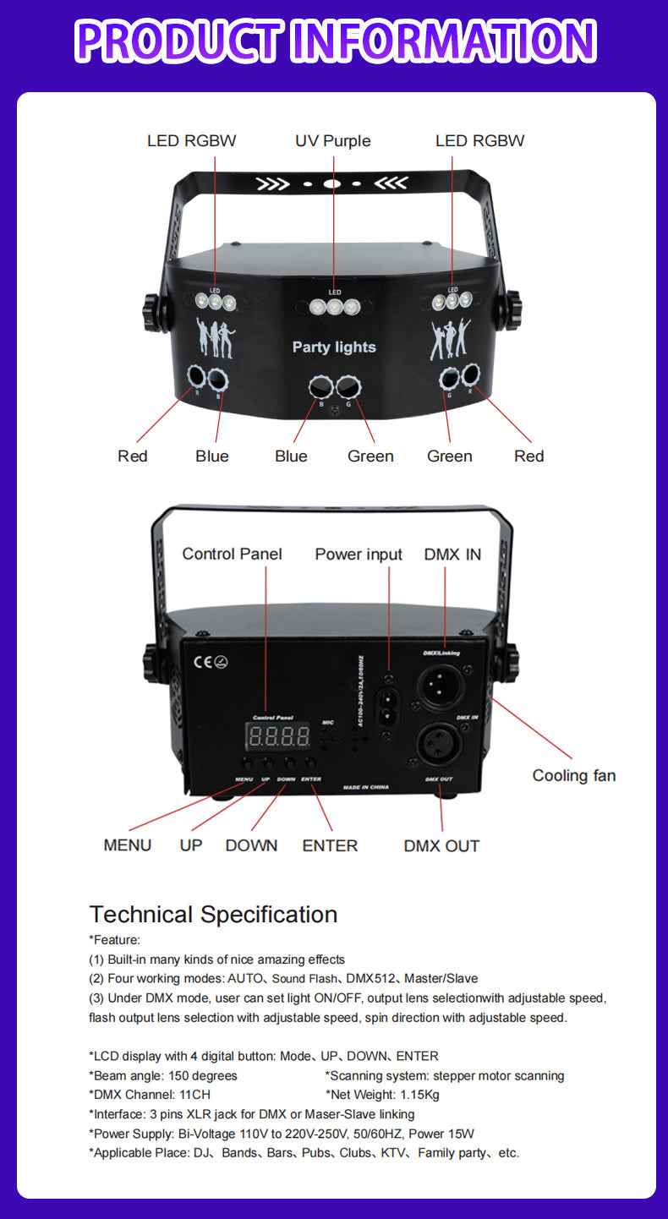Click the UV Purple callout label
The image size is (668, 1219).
332,140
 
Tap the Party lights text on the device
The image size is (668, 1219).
334,347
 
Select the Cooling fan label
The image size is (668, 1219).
573,775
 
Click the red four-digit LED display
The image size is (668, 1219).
277,735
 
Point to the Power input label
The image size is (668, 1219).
359,555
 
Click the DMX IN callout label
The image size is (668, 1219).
452,555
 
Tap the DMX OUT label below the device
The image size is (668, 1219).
441,845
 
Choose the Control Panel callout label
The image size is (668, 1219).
232,555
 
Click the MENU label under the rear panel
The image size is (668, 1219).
128,845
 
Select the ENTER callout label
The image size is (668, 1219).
330,845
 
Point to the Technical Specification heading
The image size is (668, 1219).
213,914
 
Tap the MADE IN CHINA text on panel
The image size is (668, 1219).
366,787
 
